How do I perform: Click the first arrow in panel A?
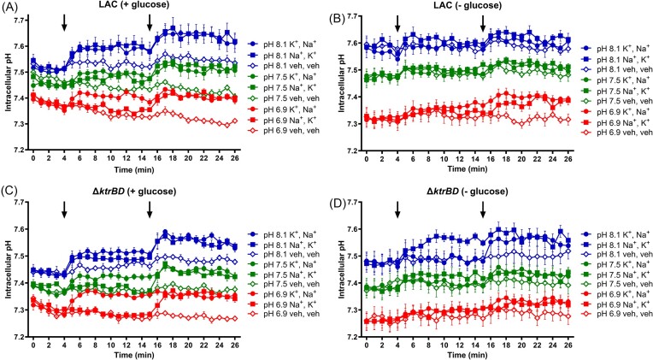[x=64, y=24]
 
